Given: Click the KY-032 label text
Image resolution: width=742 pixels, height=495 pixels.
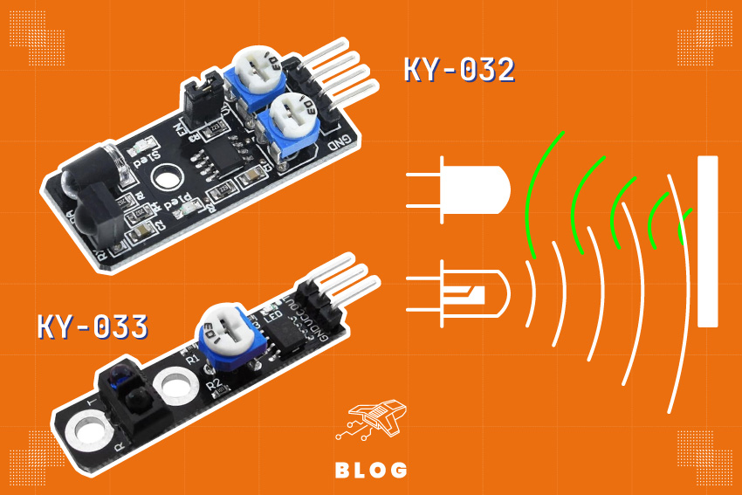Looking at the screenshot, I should coord(458,70).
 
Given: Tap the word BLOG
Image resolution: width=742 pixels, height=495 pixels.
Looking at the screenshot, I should coord(371,470).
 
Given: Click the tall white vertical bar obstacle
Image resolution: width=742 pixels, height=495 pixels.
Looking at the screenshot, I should coord(707,241).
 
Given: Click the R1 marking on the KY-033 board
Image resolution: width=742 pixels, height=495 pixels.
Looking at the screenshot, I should coord(193,358).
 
